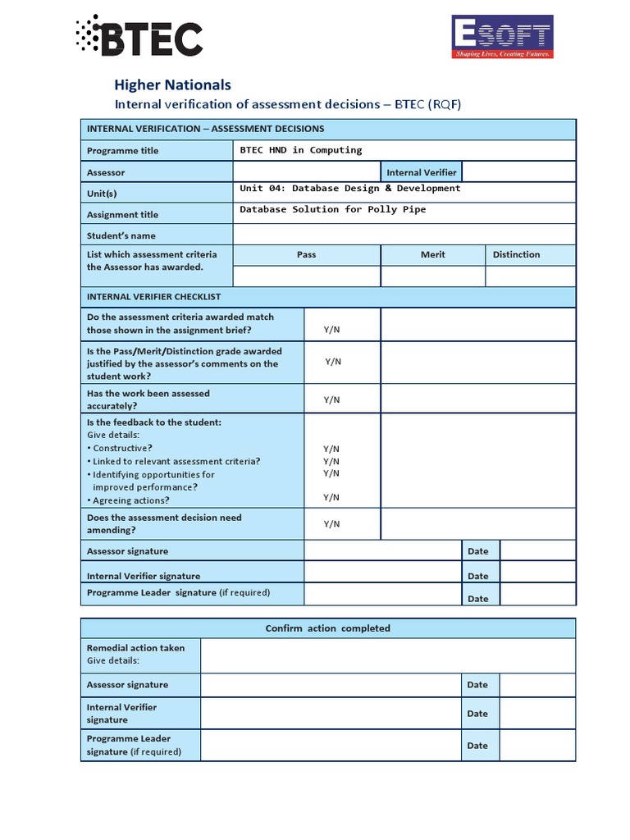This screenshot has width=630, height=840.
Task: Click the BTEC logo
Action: (139, 36)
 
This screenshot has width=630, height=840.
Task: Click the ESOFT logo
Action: (503, 37)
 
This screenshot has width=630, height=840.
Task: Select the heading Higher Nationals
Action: (172, 84)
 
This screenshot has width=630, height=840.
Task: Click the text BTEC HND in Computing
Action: (300, 150)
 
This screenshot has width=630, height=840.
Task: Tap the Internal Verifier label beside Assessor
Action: (421, 172)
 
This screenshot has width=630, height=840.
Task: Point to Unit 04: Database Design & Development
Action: (349, 189)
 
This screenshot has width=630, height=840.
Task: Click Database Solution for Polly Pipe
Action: (333, 210)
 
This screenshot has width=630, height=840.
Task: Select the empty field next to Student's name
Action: (404, 235)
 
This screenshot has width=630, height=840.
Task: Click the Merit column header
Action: (432, 254)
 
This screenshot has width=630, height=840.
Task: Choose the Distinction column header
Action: (516, 254)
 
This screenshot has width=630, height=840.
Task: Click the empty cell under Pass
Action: (306, 276)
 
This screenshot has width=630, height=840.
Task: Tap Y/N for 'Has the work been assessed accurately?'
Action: (331, 399)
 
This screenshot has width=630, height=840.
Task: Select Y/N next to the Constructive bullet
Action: (331, 449)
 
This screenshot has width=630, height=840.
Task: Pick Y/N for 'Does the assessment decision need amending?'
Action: (331, 524)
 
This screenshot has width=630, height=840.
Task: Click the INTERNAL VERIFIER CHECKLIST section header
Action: (153, 296)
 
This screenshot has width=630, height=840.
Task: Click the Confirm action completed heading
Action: (327, 628)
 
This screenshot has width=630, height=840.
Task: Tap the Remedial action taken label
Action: (135, 648)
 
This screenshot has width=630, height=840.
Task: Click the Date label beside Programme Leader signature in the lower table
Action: (477, 746)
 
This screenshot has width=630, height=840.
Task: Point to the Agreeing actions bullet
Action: (130, 500)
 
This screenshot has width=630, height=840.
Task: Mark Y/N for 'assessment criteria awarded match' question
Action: (331, 330)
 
